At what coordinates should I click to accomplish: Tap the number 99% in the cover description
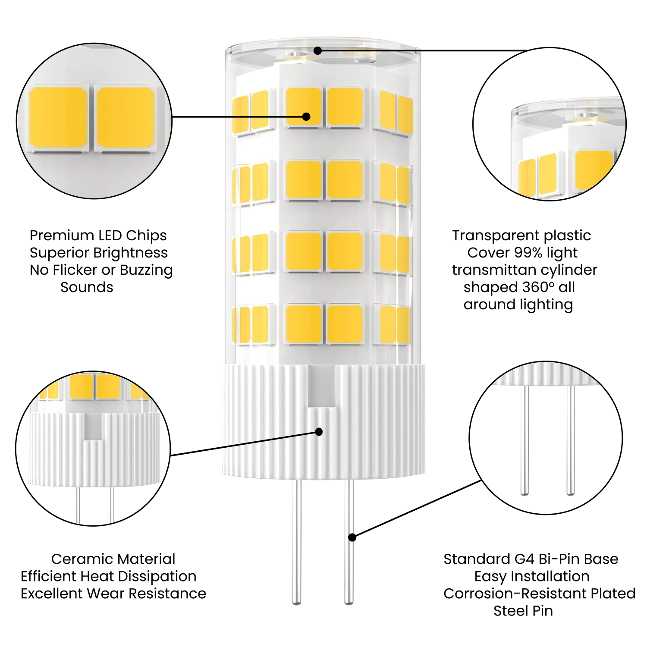tap(529, 253)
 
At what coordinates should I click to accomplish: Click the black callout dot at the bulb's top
tap(317, 51)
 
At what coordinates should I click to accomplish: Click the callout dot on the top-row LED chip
tap(306, 116)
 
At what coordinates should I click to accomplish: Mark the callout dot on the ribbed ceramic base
tap(319, 432)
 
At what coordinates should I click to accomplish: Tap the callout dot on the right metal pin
tap(352, 537)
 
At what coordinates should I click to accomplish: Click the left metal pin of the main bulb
tap(296, 543)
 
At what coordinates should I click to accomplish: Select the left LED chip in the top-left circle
tap(58, 118)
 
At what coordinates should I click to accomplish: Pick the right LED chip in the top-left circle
tap(126, 118)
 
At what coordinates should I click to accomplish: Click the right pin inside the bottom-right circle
tap(571, 440)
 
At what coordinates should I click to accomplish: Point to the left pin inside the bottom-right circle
tap(525, 440)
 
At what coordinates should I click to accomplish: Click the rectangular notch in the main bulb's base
tap(322, 386)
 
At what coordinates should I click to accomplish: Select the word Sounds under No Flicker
tap(87, 287)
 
